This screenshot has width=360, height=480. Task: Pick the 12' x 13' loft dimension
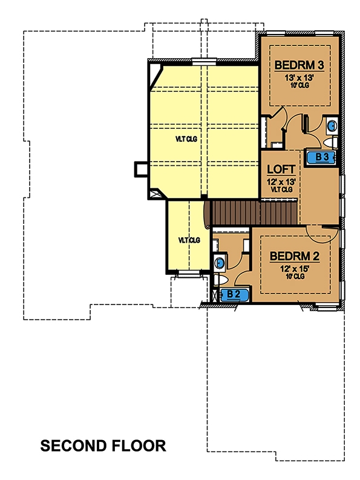pyautogui.click(x=280, y=180)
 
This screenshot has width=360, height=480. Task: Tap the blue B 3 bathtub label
pyautogui.click(x=321, y=157)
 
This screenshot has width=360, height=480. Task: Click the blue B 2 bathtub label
pyautogui.click(x=234, y=295)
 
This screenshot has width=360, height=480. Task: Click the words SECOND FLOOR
pyautogui.click(x=103, y=446)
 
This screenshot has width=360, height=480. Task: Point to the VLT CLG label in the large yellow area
pyautogui.click(x=186, y=139)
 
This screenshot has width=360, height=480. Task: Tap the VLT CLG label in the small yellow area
pyautogui.click(x=189, y=240)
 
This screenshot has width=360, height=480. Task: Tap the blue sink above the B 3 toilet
pyautogui.click(x=332, y=127)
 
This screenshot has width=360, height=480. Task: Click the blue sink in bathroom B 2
pyautogui.click(x=220, y=263)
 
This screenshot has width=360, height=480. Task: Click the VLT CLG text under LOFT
pyautogui.click(x=280, y=189)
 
